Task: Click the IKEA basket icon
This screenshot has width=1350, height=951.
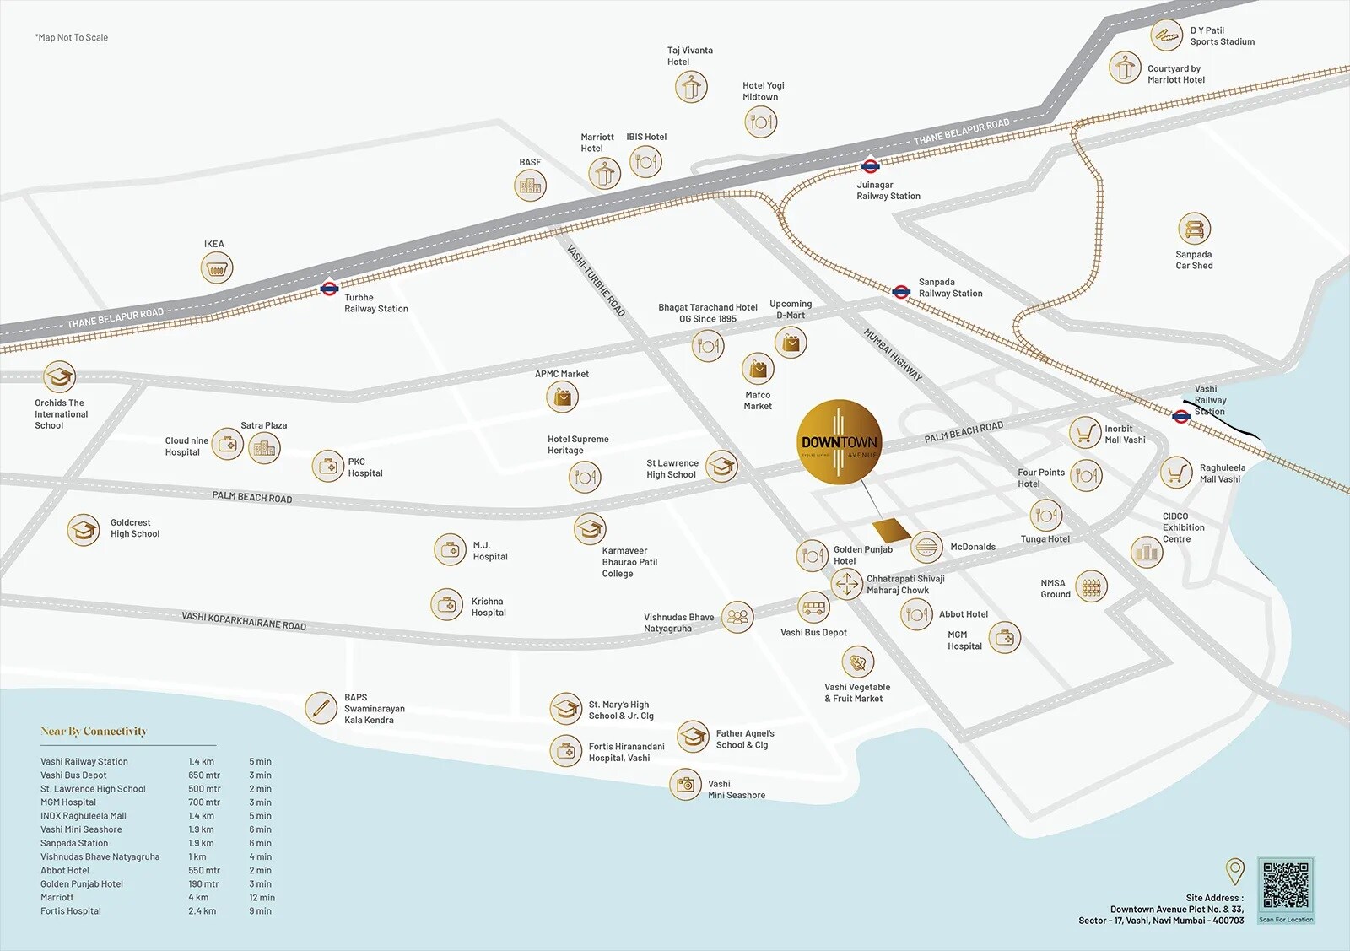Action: (217, 269)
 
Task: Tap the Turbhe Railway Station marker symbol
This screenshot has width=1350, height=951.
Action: (329, 289)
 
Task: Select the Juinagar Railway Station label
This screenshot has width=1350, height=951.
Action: (888, 191)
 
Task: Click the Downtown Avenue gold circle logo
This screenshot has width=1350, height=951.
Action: (839, 442)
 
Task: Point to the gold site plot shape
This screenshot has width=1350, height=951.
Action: (891, 531)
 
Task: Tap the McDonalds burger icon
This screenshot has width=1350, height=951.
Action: (926, 548)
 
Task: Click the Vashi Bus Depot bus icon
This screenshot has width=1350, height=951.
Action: (814, 607)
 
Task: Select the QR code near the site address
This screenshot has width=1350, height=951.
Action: (1286, 885)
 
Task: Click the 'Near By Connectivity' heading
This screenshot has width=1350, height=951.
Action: (94, 732)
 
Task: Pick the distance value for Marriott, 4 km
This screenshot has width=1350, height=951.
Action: (197, 898)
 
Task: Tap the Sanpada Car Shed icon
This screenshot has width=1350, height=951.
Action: (1193, 229)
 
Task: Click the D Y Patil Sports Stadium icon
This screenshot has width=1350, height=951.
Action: (1166, 35)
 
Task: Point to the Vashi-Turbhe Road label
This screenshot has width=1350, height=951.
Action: (596, 281)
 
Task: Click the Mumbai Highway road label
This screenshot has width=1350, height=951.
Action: (893, 354)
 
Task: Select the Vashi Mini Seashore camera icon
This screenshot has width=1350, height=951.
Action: (685, 785)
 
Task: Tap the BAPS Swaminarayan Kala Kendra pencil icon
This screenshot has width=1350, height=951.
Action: (321, 708)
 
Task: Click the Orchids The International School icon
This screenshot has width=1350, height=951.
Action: (59, 376)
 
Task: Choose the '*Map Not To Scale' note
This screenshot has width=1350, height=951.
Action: (71, 37)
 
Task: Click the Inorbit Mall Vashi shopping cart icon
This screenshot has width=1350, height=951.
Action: (1084, 433)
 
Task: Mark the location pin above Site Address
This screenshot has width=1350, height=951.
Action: (1234, 870)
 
